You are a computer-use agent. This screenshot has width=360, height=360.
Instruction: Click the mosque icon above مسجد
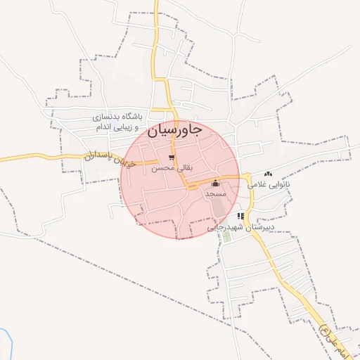(214, 183)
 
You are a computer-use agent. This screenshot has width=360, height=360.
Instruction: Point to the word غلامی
(257, 184)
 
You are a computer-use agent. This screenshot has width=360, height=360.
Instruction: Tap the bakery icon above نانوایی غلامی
(267, 174)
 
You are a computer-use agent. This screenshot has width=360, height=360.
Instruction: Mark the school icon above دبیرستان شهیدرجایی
(241, 217)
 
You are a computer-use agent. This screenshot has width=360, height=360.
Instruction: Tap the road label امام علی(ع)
(326, 335)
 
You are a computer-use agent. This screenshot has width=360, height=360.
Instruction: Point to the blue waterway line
(9, 345)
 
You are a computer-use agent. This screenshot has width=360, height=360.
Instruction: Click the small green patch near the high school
(226, 236)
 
